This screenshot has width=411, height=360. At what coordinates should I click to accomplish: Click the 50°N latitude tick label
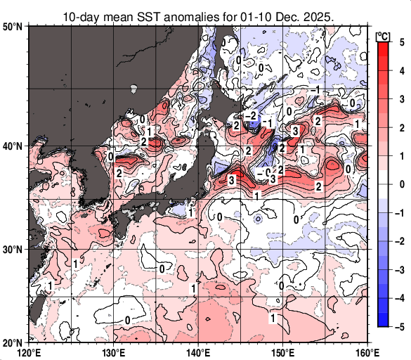pyautogui.click(x=13, y=26)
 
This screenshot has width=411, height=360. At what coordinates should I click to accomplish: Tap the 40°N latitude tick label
pyautogui.click(x=13, y=146)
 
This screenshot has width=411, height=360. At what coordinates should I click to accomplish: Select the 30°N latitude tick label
pyautogui.click(x=13, y=250)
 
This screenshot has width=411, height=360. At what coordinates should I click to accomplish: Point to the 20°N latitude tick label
pyautogui.click(x=13, y=342)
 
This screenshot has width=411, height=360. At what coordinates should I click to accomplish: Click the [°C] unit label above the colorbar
pyautogui.click(x=384, y=35)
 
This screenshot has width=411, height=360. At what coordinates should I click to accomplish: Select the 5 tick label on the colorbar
pyautogui.click(x=401, y=41)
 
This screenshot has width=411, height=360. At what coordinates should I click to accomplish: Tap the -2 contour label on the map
pyautogui.click(x=251, y=115)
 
